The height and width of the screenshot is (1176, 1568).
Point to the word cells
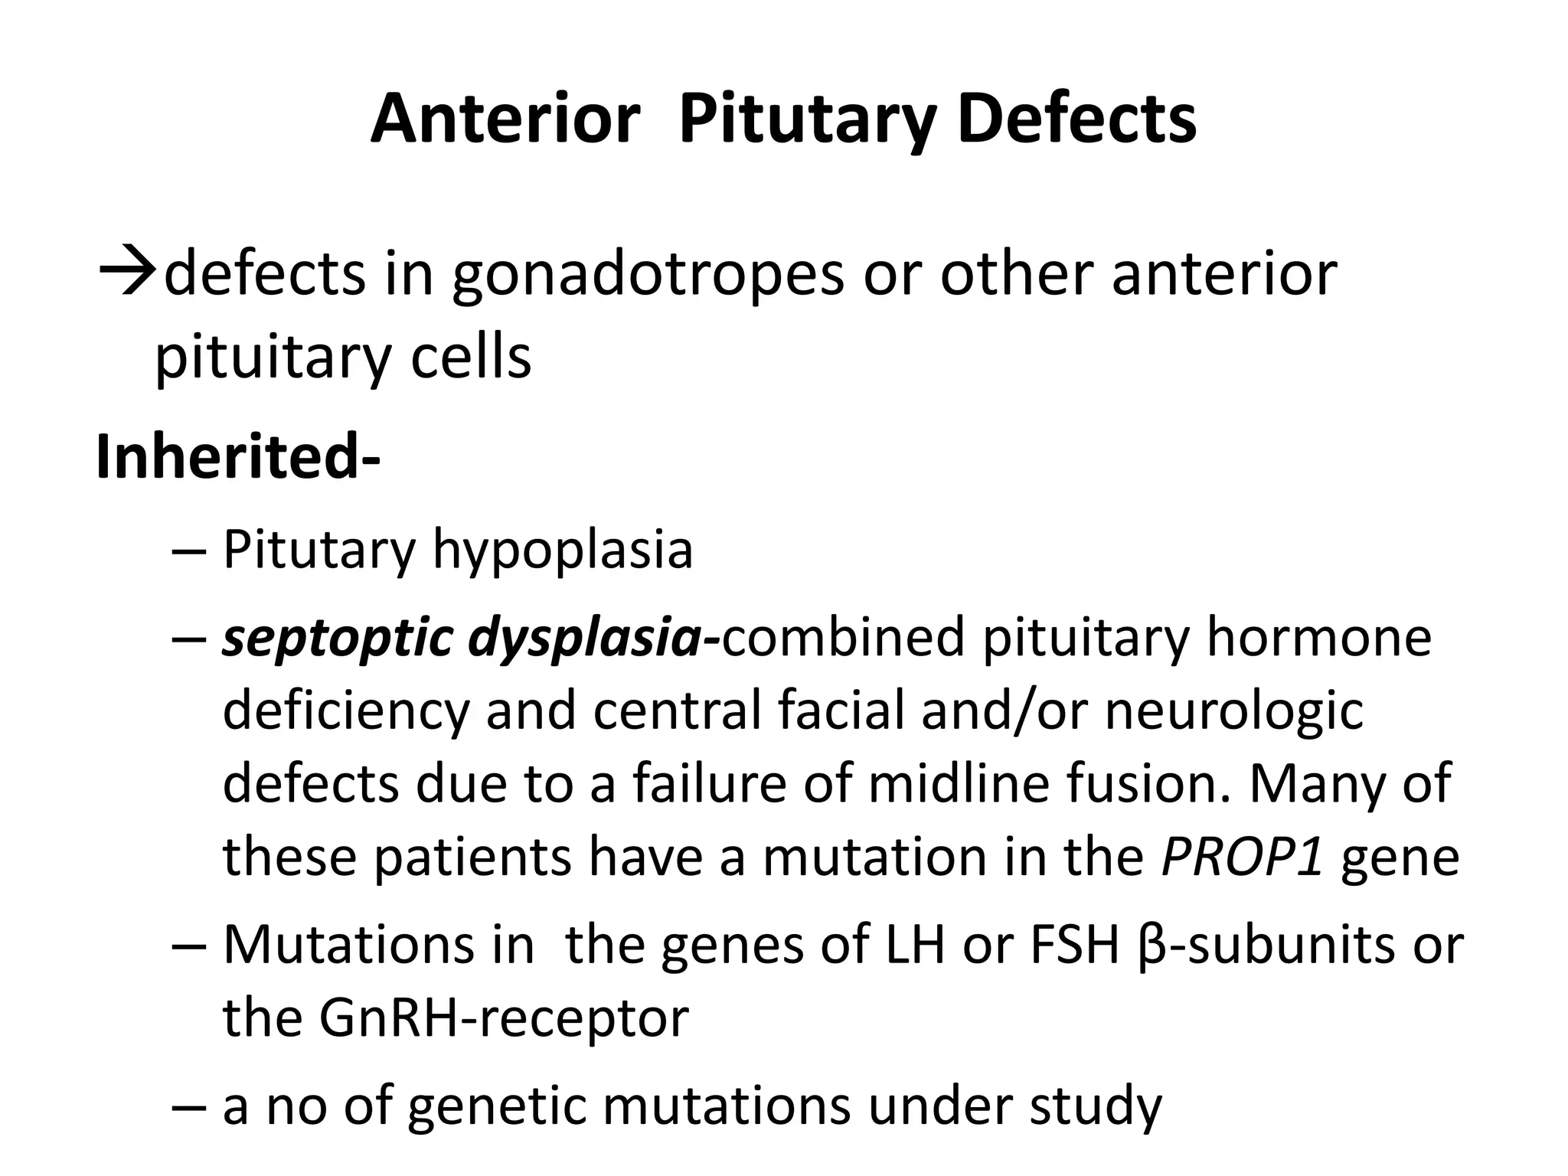pyautogui.click(x=470, y=357)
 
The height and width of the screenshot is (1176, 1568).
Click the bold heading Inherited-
pyautogui.click(x=238, y=457)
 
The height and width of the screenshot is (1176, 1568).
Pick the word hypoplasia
pyautogui.click(x=563, y=550)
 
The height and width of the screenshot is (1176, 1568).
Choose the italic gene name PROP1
pyautogui.click(x=1242, y=856)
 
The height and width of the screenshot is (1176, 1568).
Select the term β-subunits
pyautogui.click(x=1264, y=946)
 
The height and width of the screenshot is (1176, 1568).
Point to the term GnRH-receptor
pyautogui.click(x=504, y=1018)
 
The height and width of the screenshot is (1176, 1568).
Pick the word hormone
pyautogui.click(x=1318, y=638)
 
